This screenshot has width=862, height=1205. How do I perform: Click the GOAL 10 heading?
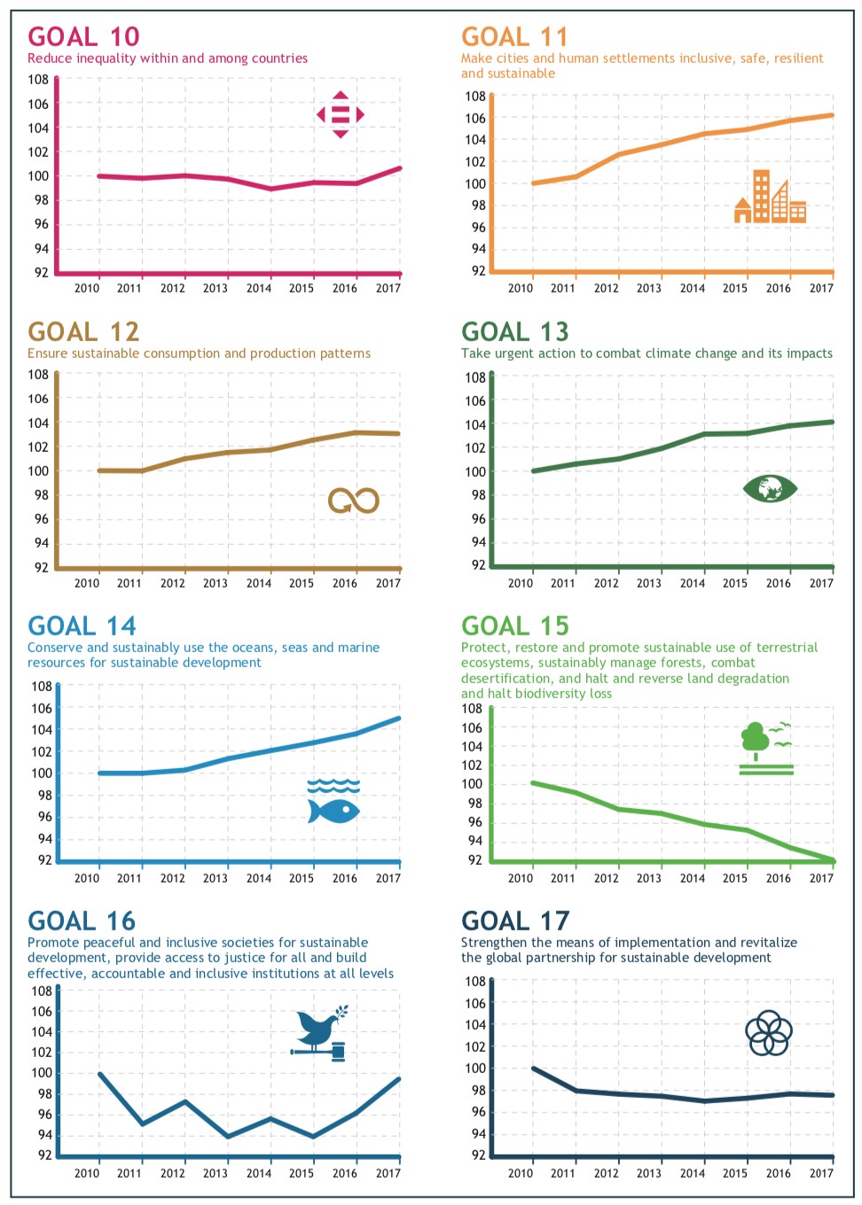(83, 36)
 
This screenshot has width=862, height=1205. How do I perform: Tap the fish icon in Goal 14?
(333, 810)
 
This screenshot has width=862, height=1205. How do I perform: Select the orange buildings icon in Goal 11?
(770, 197)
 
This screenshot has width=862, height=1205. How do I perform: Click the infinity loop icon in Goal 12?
(353, 501)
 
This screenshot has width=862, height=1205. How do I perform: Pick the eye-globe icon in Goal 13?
(770, 488)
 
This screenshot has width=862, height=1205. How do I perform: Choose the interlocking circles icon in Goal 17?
(769, 1033)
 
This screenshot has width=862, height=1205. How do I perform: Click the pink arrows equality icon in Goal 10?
(341, 115)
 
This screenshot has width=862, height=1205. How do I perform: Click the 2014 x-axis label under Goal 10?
(259, 288)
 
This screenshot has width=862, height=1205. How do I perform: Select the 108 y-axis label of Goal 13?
(475, 377)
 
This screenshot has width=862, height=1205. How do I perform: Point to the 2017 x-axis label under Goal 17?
(821, 1173)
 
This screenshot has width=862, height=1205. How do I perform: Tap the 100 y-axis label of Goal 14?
(42, 773)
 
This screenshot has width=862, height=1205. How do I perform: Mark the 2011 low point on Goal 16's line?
(142, 1124)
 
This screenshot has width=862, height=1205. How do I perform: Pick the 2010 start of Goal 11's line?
(533, 183)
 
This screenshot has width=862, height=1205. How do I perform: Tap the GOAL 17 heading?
(515, 921)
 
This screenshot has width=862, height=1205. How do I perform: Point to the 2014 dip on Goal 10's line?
(271, 189)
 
